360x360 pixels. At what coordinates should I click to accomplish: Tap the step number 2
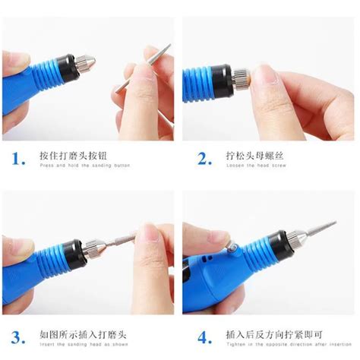point(204,159)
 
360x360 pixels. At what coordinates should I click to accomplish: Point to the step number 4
point(204,336)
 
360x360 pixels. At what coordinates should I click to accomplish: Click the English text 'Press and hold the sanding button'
point(85,166)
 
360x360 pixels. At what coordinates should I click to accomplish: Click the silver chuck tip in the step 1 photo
point(85,62)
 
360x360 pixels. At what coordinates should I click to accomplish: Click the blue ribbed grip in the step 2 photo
point(199,82)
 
